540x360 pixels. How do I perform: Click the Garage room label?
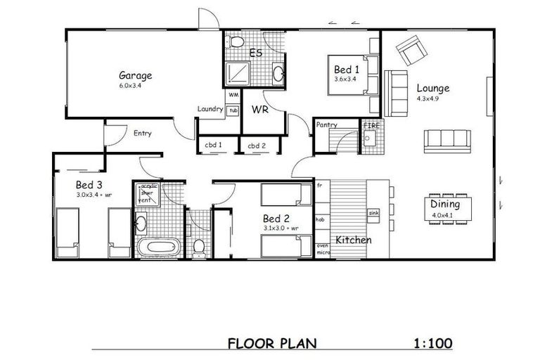135,75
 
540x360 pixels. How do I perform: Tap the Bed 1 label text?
347,70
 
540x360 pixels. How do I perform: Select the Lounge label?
432,89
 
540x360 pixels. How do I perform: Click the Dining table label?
445,205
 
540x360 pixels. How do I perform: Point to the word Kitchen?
353,240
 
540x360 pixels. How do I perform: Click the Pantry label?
327,124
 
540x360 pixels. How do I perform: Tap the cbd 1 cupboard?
214,146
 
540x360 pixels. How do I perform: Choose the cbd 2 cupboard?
256,146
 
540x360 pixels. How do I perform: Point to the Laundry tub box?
233,110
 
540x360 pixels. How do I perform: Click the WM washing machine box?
233,94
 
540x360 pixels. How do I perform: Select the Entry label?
142,133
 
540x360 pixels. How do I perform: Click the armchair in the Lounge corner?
411,50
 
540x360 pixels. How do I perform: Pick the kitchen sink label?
373,212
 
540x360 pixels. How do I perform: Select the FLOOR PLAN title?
272,344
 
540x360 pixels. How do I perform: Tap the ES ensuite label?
257,52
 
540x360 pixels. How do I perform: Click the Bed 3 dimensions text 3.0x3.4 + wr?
94,195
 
